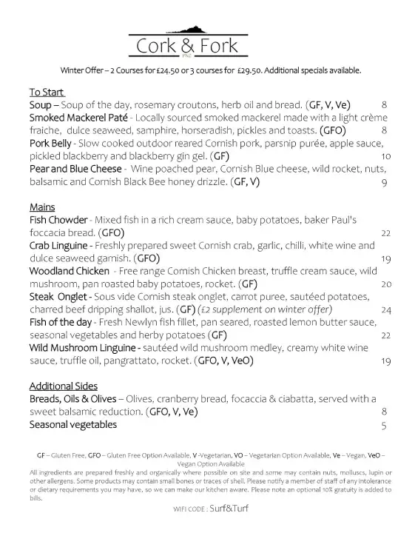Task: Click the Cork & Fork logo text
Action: [x=187, y=47]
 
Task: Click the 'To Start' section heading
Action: [x=47, y=93]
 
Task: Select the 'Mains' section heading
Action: [x=42, y=207]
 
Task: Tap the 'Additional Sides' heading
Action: [x=63, y=386]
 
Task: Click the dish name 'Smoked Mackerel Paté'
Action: [x=79, y=118]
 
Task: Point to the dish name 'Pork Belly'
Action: [x=53, y=143]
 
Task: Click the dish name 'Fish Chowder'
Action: [x=58, y=220]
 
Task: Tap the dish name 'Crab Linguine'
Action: [x=61, y=245]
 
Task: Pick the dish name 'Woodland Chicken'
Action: [x=71, y=271]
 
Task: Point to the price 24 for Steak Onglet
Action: [x=385, y=309]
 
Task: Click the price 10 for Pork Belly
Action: [x=385, y=156]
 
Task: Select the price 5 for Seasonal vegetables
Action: [x=384, y=425]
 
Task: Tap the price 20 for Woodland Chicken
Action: [x=385, y=284]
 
